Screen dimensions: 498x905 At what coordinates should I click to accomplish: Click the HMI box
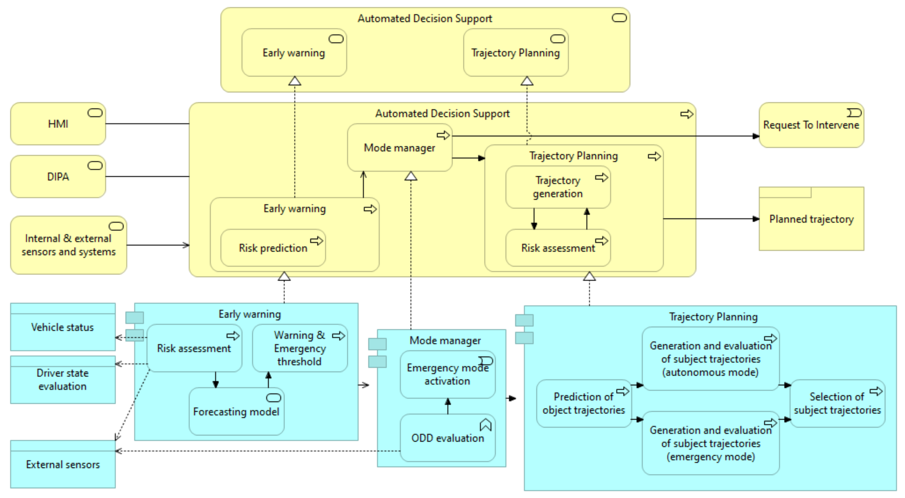coord(58,124)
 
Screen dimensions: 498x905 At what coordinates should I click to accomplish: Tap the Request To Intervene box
coord(811,125)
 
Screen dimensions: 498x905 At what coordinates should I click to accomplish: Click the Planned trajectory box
coord(811,219)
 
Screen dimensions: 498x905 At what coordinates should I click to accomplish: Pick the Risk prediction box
coord(273,248)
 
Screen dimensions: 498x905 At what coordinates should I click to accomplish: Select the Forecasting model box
coord(236,412)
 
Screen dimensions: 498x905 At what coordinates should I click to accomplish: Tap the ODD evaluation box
coord(447,438)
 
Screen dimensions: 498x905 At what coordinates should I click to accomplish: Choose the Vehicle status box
coord(62,327)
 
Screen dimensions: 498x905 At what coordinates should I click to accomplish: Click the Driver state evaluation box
coord(62,380)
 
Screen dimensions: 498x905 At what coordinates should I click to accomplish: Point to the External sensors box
coord(62,464)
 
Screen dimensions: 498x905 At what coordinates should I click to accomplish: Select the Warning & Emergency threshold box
coord(299,348)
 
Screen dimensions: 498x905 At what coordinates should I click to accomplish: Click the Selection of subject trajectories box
coord(837,403)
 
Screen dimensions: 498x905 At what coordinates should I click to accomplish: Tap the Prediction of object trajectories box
coord(584,403)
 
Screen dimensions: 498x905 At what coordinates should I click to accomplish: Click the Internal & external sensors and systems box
coord(68,245)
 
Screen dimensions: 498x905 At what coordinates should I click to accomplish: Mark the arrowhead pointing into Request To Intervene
coord(756,136)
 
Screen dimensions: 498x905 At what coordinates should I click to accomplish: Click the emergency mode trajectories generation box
coord(710,443)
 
